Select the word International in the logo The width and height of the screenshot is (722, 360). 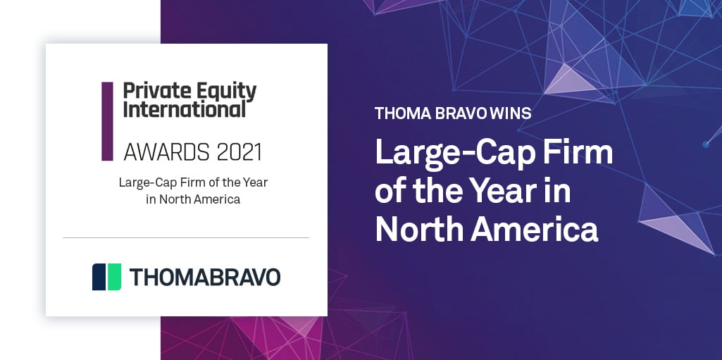185,109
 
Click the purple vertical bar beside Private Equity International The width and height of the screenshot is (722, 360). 107,121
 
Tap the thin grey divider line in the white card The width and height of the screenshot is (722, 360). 186,238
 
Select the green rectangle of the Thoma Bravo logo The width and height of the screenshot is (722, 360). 113,277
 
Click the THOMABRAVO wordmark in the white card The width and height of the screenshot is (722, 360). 205,277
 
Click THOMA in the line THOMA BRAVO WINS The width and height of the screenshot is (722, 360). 399,113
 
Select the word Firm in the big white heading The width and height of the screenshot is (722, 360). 577,153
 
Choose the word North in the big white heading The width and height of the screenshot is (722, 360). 418,230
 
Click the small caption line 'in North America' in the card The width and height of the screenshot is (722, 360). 189,199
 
